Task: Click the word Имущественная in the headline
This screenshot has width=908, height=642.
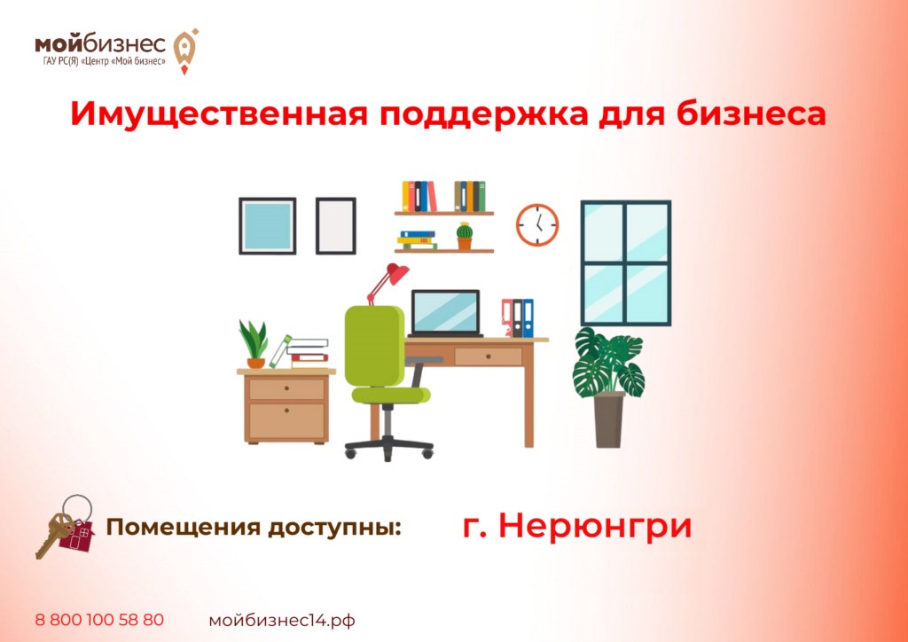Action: click(x=219, y=115)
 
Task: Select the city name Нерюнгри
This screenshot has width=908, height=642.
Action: click(x=595, y=527)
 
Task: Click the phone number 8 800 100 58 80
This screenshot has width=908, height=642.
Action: click(x=99, y=620)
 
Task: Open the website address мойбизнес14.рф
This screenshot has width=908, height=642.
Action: click(x=282, y=621)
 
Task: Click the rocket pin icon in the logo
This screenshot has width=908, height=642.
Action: click(x=185, y=51)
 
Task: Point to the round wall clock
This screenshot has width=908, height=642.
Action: click(x=537, y=224)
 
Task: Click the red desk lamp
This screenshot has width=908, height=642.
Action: click(x=387, y=283)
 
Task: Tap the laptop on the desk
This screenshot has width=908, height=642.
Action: click(x=445, y=314)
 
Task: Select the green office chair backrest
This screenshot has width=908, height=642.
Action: click(x=375, y=346)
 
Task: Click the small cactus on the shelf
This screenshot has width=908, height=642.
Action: click(x=465, y=236)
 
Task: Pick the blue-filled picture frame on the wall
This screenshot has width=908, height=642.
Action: click(x=268, y=226)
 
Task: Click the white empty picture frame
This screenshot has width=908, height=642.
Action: click(x=336, y=226)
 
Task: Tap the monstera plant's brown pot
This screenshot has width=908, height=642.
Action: click(x=609, y=419)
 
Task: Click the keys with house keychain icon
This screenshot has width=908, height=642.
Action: click(x=66, y=526)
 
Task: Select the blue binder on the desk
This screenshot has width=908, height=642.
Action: click(x=528, y=317)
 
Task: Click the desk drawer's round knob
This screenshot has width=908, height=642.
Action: click(x=489, y=357)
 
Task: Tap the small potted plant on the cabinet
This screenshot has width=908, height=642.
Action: click(x=254, y=344)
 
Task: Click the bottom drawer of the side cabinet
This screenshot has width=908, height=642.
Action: click(x=286, y=421)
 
